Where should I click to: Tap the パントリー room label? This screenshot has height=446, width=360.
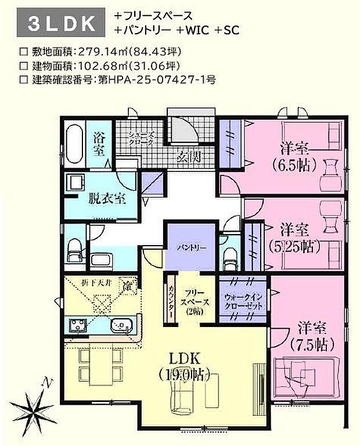pos(190,247)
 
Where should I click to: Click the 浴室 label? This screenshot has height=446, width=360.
pos(99,144)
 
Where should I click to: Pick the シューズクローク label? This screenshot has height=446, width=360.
pos(141,138)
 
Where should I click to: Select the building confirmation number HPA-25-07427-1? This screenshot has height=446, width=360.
pos(164,78)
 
